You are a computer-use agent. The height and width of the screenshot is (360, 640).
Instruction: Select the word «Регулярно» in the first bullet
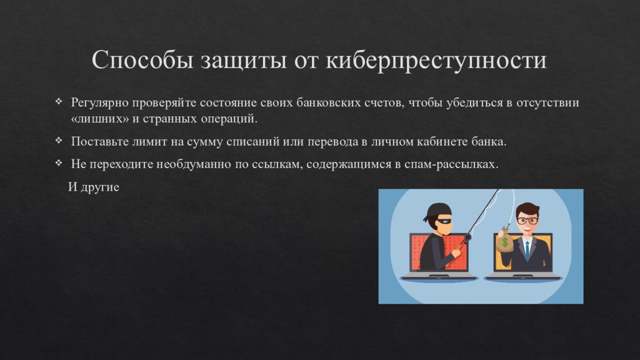coord(97,103)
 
